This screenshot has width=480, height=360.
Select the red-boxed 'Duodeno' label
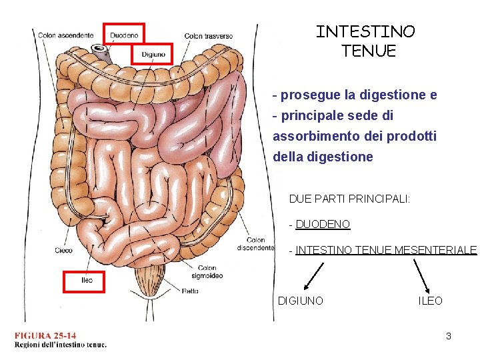pyautogui.click(x=124, y=35)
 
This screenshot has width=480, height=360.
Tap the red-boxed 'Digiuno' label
pyautogui.click(x=153, y=53)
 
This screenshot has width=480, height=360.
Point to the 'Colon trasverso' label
pyautogui.click(x=209, y=35)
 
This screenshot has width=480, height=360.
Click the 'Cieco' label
pyautogui.click(x=64, y=251)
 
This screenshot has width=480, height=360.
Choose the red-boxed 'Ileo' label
pyautogui.click(x=85, y=281)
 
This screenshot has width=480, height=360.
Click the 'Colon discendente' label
pyautogui.click(x=255, y=244)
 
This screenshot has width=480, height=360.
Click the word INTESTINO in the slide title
pyautogui.click(x=365, y=31)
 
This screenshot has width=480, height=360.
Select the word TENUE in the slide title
pyautogui.click(x=368, y=51)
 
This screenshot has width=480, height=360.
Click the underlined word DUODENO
pyautogui.click(x=323, y=225)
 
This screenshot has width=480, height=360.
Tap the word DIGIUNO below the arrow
pyautogui.click(x=300, y=301)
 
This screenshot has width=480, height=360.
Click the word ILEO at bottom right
pyautogui.click(x=430, y=301)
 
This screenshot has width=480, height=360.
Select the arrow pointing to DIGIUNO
pyautogui.click(x=310, y=275)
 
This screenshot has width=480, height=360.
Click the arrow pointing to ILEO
pyautogui.click(x=422, y=274)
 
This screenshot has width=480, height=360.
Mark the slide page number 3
pyautogui.click(x=449, y=336)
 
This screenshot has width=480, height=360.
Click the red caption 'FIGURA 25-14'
pyautogui.click(x=45, y=335)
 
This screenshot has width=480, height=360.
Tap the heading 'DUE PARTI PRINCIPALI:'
pyautogui.click(x=349, y=199)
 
